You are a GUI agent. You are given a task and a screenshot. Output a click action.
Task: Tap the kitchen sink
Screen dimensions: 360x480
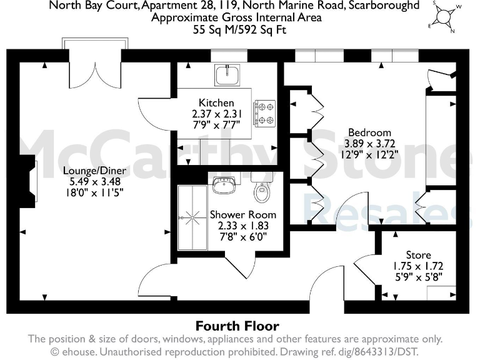223,76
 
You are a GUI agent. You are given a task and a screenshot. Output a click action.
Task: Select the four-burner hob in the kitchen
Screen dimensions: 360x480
265,113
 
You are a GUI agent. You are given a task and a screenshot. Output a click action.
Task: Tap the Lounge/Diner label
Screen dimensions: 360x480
94,171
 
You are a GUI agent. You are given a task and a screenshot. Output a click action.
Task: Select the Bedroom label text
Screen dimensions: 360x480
369,132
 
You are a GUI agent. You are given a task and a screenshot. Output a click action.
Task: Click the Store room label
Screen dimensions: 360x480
418,255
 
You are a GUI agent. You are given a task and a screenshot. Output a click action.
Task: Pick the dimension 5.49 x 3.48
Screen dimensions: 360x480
94,182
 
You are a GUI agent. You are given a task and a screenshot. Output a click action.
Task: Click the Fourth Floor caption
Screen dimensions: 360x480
237,326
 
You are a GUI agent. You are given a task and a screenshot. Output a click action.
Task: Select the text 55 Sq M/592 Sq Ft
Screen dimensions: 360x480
237,29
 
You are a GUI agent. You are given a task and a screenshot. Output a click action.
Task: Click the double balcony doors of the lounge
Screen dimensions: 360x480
95,66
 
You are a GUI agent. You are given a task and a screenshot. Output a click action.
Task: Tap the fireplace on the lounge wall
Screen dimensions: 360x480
29,179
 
